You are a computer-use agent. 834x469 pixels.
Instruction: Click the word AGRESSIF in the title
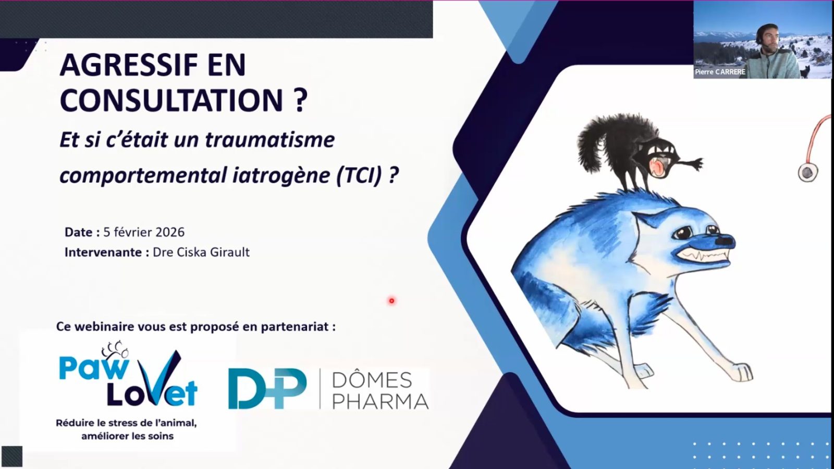[x=129, y=65]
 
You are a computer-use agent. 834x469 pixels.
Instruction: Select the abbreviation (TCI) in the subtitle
[x=359, y=175]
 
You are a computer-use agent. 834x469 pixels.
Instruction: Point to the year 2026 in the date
[x=170, y=232]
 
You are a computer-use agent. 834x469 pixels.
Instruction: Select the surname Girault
[x=230, y=252]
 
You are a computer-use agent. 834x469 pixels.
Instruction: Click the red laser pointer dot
[x=391, y=300]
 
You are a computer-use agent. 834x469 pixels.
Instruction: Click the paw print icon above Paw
[x=115, y=349]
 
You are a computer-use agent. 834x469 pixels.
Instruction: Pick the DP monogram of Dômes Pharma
[x=267, y=389]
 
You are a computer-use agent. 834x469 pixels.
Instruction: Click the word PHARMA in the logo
[x=380, y=402]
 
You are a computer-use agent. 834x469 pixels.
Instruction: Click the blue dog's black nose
[x=725, y=240]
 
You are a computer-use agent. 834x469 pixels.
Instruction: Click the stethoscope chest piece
[x=807, y=172]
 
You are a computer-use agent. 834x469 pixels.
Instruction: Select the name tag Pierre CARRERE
[x=720, y=72]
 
